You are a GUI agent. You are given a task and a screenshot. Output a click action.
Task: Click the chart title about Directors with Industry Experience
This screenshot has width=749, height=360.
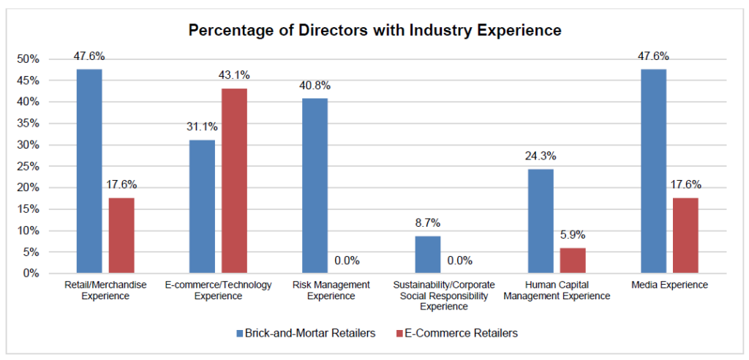(374, 30)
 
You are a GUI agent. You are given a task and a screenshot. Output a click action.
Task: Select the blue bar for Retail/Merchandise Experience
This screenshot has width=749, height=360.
(89, 171)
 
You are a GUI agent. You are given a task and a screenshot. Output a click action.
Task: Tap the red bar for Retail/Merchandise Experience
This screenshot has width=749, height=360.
(121, 236)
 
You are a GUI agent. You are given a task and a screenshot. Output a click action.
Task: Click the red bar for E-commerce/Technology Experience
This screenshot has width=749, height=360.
(234, 181)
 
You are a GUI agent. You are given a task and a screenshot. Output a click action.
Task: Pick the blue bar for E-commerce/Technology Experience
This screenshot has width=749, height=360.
(202, 206)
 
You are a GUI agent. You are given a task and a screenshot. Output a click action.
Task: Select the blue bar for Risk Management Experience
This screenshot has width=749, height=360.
(315, 186)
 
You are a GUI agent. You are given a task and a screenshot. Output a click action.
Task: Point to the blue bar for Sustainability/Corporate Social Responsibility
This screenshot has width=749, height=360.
(427, 255)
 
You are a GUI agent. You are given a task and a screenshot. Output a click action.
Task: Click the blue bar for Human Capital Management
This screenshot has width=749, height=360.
(540, 221)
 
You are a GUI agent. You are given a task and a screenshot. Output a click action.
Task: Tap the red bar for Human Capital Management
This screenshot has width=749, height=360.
(572, 260)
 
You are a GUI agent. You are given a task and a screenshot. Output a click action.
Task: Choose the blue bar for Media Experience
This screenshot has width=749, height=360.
(652, 171)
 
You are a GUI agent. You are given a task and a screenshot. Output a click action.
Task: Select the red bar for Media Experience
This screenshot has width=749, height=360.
(685, 236)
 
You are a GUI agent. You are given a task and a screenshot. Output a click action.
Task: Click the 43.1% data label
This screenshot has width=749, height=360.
(234, 75)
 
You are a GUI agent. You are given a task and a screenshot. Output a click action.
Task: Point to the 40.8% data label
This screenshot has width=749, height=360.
(315, 85)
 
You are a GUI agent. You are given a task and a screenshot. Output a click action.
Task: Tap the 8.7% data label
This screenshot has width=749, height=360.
(427, 222)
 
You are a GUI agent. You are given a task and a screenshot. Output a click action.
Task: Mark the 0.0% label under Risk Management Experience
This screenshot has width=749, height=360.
(347, 260)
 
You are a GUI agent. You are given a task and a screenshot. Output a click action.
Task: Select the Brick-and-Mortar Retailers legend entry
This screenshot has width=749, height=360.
(306, 333)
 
